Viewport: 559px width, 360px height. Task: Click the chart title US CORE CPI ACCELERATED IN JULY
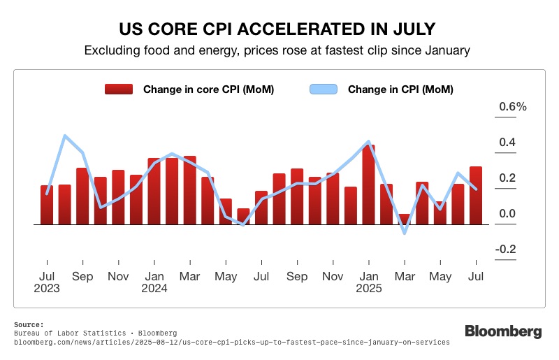click(279, 29)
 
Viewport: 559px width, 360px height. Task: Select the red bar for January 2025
click(368, 185)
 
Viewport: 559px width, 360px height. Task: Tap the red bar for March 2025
click(404, 219)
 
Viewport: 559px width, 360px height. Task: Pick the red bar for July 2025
click(475, 196)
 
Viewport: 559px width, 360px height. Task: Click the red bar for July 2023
click(47, 205)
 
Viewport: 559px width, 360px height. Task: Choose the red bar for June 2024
click(243, 217)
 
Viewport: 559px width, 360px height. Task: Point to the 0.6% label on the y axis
click(512, 107)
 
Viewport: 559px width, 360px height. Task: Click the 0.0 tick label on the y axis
click(507, 214)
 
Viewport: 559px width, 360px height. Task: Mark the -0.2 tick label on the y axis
click(505, 250)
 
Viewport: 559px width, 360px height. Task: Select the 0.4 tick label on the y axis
click(507, 143)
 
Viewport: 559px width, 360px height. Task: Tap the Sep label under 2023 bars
click(82, 276)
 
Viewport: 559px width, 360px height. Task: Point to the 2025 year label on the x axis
click(368, 288)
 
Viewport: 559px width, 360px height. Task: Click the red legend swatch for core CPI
click(118, 89)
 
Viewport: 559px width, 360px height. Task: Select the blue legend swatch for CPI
click(323, 89)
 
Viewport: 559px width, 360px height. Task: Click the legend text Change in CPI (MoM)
click(400, 89)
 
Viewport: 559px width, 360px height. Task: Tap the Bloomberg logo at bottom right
click(503, 332)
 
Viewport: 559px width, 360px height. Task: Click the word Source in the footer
click(28, 324)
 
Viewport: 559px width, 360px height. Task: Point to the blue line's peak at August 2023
click(65, 136)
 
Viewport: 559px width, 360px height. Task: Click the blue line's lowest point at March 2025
click(404, 233)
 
